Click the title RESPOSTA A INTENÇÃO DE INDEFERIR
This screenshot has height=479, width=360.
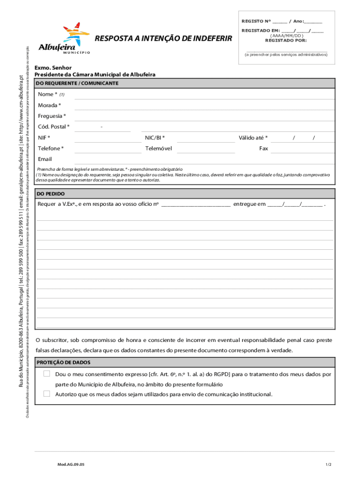(163, 38)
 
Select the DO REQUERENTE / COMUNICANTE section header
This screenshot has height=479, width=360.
(78, 83)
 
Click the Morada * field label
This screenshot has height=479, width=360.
(49, 105)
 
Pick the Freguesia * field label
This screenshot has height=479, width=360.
(52, 116)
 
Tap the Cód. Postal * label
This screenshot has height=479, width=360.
(54, 127)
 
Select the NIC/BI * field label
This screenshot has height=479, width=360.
(155, 138)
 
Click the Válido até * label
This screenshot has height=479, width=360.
(253, 138)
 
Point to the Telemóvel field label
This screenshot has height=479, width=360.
(158, 148)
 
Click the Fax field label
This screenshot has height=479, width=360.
(264, 148)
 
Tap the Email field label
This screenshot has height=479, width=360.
(45, 159)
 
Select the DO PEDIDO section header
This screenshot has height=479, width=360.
(51, 193)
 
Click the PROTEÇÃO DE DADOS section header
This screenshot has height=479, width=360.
(64, 363)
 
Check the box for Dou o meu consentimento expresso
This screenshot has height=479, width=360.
(47, 374)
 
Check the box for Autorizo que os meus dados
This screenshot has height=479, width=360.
(47, 394)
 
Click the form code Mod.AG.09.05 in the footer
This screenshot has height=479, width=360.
(71, 464)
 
